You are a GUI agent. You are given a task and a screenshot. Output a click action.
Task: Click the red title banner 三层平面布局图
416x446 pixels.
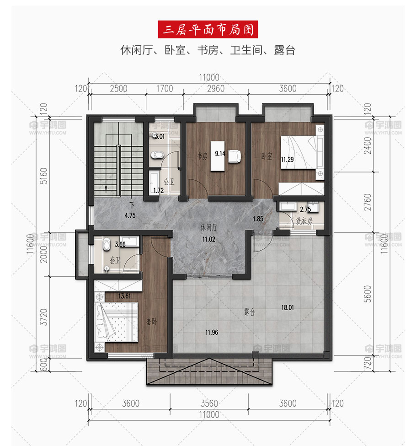click(x=208, y=29)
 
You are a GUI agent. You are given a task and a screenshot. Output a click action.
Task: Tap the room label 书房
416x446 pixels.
click(x=203, y=156)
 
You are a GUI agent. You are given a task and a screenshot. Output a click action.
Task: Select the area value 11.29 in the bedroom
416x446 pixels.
click(x=287, y=159)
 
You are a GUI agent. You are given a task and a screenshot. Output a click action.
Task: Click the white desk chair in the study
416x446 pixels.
click(x=235, y=156)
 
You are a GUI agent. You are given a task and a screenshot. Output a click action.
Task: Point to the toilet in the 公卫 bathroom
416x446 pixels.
click(x=157, y=155)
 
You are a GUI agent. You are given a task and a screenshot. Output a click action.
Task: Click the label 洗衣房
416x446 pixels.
click(x=304, y=221)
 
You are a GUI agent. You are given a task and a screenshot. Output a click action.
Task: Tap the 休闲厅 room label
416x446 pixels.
click(x=209, y=227)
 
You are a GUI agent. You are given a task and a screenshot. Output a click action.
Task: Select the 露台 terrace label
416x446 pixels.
click(x=250, y=312)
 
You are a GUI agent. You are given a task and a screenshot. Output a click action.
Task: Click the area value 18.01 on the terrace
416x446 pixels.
click(x=288, y=307)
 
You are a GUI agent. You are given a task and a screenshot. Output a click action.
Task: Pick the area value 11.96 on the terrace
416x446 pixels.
click(x=212, y=332)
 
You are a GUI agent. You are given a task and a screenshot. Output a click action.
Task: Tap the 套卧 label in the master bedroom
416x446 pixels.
click(x=152, y=322)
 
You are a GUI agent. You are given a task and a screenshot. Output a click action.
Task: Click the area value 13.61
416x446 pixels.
click(x=124, y=296)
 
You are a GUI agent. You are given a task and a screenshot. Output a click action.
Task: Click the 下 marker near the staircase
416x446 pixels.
click(x=132, y=205)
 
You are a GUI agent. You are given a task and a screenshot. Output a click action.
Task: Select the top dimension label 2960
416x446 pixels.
click(x=216, y=89)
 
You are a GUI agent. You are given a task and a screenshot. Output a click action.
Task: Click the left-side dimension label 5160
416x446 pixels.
click(x=44, y=176)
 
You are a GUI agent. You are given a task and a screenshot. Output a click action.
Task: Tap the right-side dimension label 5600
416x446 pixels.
click(x=368, y=294)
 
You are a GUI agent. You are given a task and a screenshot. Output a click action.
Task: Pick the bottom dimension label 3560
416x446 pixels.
click(x=209, y=403)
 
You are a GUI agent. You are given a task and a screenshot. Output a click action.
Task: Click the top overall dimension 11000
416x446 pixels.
click(x=209, y=77)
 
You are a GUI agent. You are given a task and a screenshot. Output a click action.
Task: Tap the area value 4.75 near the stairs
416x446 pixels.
click(x=130, y=215)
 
